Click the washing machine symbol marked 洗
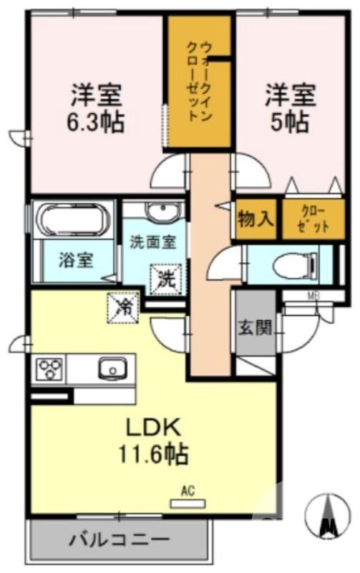coord(164,279)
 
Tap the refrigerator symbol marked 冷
coord(122,308)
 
